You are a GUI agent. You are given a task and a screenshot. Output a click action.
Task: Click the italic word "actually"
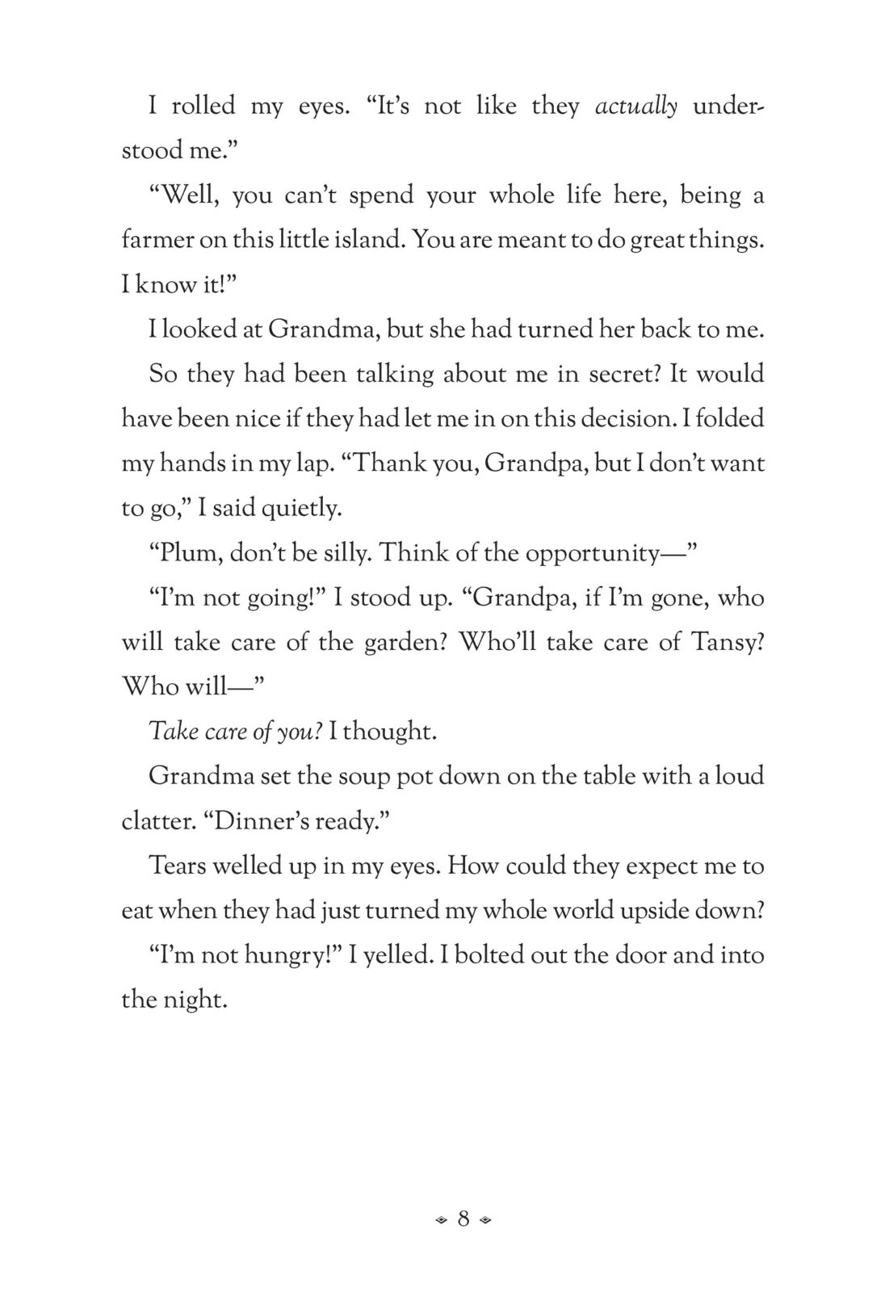click(635, 107)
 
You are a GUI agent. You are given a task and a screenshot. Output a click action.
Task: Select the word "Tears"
click(180, 866)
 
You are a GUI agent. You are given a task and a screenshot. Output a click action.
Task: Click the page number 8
click(463, 1219)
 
